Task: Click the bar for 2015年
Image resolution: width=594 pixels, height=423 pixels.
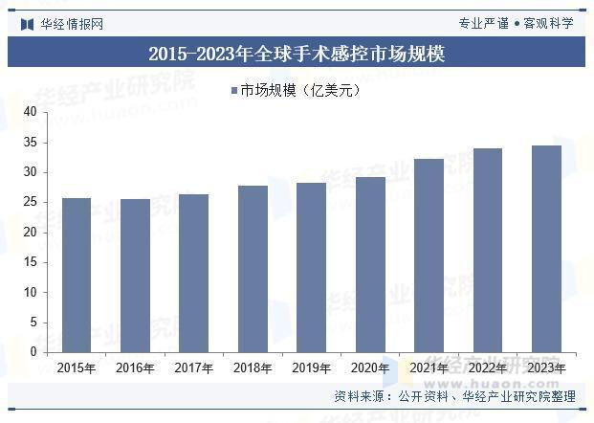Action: click(77, 275)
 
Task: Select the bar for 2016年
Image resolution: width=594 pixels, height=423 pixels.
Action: click(135, 275)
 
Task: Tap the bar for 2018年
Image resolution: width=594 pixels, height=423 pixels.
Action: click(253, 268)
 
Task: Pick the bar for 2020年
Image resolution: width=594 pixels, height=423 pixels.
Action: click(369, 264)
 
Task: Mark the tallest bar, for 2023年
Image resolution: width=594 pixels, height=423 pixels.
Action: click(545, 248)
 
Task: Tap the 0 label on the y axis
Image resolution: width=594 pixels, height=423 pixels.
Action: click(33, 351)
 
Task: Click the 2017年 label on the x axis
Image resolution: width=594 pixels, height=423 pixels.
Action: click(193, 367)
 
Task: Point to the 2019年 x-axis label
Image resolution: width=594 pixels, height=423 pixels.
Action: click(311, 367)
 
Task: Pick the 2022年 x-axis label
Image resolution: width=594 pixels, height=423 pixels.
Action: click(487, 367)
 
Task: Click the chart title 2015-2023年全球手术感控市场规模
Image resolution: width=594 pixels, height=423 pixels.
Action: click(297, 54)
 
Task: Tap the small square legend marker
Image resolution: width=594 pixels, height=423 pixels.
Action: click(233, 91)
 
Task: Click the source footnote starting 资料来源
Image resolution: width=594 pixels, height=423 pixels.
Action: click(454, 396)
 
